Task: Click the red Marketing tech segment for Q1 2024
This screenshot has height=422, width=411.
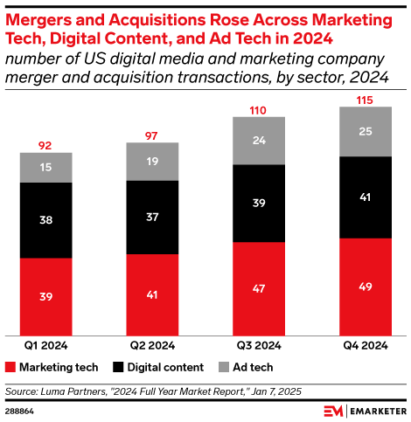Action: [x=45, y=297]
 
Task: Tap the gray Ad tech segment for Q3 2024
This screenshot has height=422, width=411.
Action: [x=258, y=141]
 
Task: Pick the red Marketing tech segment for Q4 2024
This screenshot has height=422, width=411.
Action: [x=365, y=287]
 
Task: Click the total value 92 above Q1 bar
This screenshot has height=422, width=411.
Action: [x=45, y=145]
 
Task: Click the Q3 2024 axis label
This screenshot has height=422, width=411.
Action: [x=258, y=346]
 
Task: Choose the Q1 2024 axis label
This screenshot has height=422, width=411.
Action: [x=45, y=346]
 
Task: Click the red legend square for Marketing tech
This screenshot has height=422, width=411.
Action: [x=10, y=367]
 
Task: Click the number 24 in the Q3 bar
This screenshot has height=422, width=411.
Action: [x=258, y=141]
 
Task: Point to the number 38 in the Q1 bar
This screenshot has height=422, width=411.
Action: [x=45, y=221]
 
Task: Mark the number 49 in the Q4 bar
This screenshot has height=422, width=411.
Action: [x=365, y=287]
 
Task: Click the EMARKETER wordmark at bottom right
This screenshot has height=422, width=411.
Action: [x=373, y=410]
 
